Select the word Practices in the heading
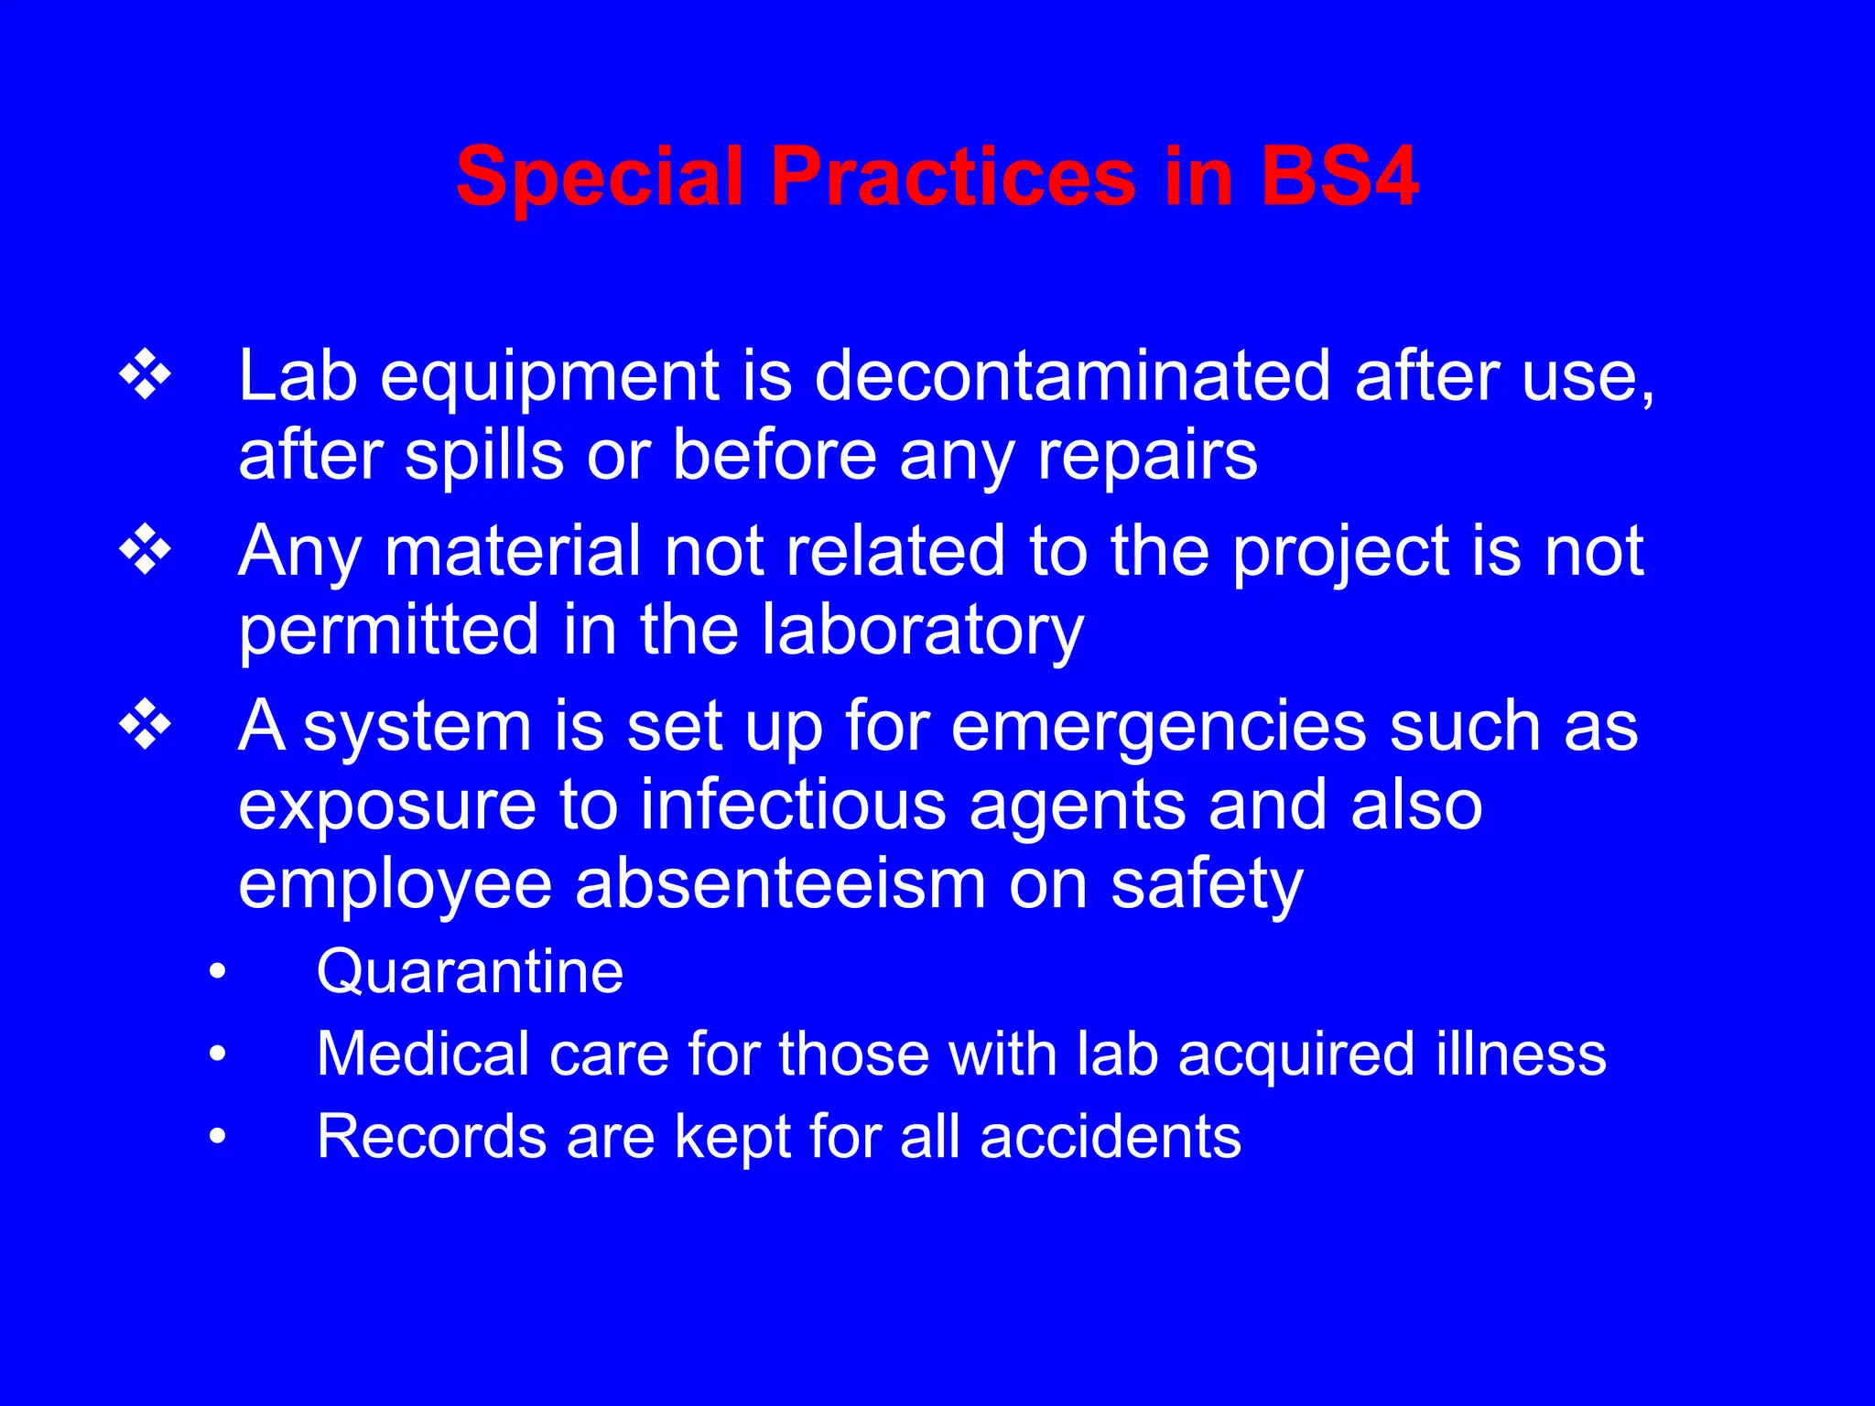pyautogui.click(x=953, y=176)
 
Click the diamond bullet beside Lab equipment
pyautogui.click(x=146, y=375)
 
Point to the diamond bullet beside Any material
pyautogui.click(x=146, y=550)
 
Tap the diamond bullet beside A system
pyautogui.click(x=146, y=725)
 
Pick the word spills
pyautogui.click(x=484, y=456)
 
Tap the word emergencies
pyautogui.click(x=1158, y=727)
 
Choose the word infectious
pyautogui.click(x=793, y=805)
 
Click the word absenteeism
pyautogui.click(x=780, y=884)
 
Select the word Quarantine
pyautogui.click(x=470, y=971)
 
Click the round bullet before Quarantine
pyautogui.click(x=217, y=972)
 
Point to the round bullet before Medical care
pyautogui.click(x=217, y=1054)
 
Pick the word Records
pyautogui.click(x=430, y=1137)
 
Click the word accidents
pyautogui.click(x=1110, y=1137)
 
